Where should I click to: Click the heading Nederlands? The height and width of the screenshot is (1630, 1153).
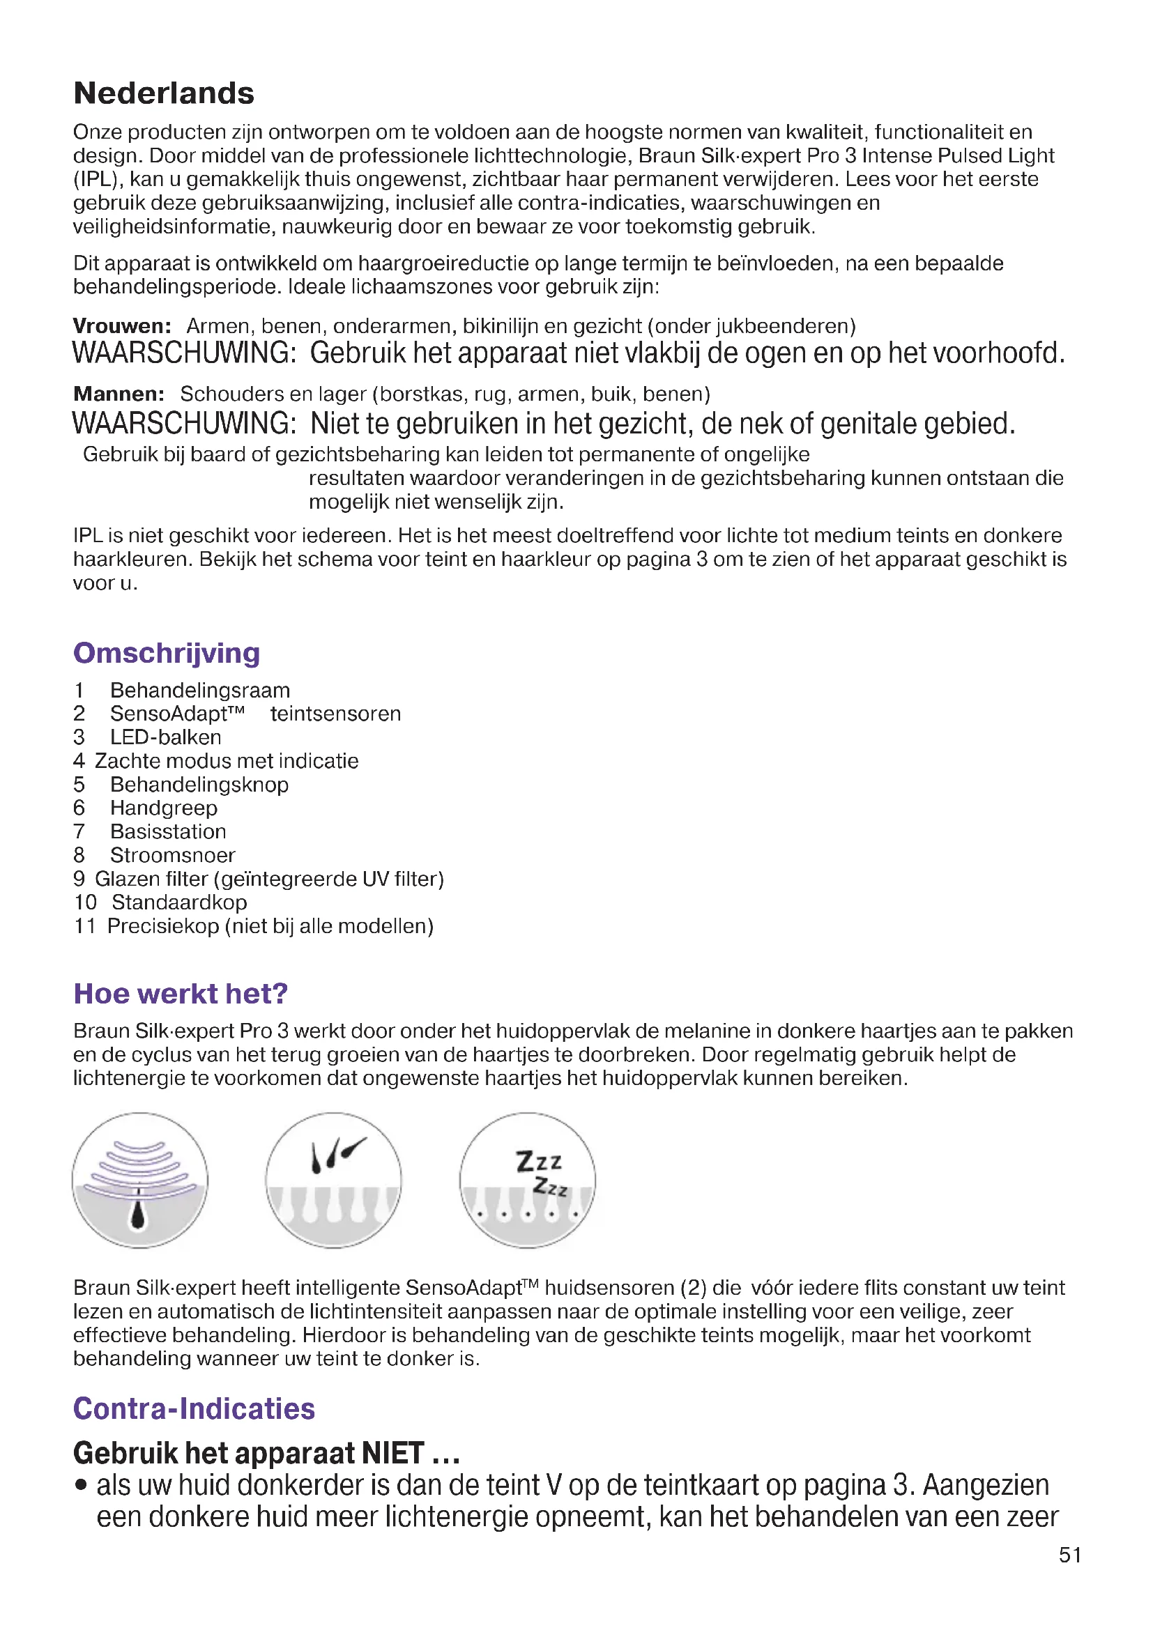click(x=163, y=93)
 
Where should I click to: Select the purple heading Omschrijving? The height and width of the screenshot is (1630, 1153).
click(x=166, y=653)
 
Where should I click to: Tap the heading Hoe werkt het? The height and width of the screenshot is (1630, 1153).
click(x=181, y=993)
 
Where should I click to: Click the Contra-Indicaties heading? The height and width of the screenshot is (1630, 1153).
click(x=194, y=1408)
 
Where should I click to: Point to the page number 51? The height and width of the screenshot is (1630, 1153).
click(x=1070, y=1555)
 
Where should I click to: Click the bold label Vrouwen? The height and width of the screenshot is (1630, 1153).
click(x=122, y=326)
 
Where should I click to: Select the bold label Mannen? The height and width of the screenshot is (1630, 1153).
click(x=119, y=394)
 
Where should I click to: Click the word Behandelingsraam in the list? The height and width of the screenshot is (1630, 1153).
click(x=199, y=690)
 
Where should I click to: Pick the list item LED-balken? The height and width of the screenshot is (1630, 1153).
click(x=165, y=737)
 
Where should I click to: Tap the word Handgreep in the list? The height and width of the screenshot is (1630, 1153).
click(x=163, y=808)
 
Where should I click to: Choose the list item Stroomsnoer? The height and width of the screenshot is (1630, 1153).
click(x=171, y=855)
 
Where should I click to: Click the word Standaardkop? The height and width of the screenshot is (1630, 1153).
click(x=179, y=902)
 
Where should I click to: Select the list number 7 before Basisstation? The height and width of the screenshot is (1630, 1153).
click(x=79, y=831)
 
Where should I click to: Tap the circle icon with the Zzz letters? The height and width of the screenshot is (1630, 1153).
click(x=527, y=1180)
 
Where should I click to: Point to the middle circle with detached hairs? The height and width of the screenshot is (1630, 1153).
click(x=333, y=1180)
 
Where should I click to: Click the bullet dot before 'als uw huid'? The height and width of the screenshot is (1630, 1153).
click(x=82, y=1486)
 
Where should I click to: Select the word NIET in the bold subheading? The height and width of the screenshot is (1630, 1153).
click(x=392, y=1452)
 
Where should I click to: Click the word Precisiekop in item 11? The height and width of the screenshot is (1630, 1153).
click(x=162, y=926)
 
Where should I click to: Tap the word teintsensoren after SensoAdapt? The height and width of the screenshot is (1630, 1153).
click(x=335, y=714)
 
